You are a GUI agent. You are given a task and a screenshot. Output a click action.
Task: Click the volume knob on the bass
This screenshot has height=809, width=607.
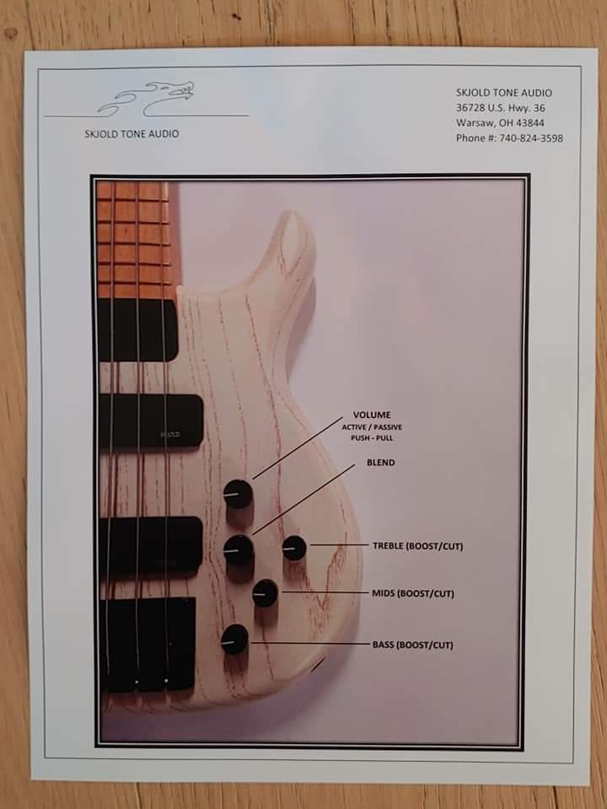pos(238,494)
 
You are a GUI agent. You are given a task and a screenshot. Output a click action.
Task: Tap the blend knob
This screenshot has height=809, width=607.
pos(239,549)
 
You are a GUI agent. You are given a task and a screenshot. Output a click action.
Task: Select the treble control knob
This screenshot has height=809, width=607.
pos(294,548)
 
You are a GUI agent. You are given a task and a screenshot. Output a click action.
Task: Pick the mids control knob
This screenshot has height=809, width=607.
pos(266,593)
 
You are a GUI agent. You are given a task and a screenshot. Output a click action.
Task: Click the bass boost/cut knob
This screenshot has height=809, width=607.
pos(234,640)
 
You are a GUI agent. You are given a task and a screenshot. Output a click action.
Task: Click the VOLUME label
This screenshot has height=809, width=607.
pos(372,415)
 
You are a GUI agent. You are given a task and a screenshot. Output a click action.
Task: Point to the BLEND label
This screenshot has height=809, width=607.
pos(381,463)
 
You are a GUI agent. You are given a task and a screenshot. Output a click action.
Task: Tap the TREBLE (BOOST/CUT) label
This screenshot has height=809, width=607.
pos(417,546)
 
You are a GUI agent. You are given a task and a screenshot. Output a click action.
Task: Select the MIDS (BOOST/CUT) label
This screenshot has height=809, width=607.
pos(413,593)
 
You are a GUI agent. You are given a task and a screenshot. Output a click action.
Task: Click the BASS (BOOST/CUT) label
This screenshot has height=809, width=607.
pos(413,645)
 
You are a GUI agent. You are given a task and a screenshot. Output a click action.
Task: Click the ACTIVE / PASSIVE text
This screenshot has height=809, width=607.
pos(372,427)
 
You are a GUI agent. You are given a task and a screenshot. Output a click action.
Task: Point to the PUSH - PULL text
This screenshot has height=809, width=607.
pos(372,438)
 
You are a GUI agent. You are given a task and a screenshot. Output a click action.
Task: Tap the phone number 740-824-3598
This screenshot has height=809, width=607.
pos(531,138)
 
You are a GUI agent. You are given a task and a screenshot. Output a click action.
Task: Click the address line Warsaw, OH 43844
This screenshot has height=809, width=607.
pos(500,123)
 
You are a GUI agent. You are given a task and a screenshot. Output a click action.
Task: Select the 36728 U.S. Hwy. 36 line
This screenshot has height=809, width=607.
pos(500,108)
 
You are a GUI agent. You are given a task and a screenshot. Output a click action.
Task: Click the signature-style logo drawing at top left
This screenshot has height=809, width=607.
pos(147,99)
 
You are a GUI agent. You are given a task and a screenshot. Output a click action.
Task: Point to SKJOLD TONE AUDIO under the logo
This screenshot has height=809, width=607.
pos(132,134)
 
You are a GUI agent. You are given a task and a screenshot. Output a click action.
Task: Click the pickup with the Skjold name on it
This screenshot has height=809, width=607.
pos(151,421)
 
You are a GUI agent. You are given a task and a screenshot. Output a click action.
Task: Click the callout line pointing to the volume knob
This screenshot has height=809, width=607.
pos(298,447)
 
